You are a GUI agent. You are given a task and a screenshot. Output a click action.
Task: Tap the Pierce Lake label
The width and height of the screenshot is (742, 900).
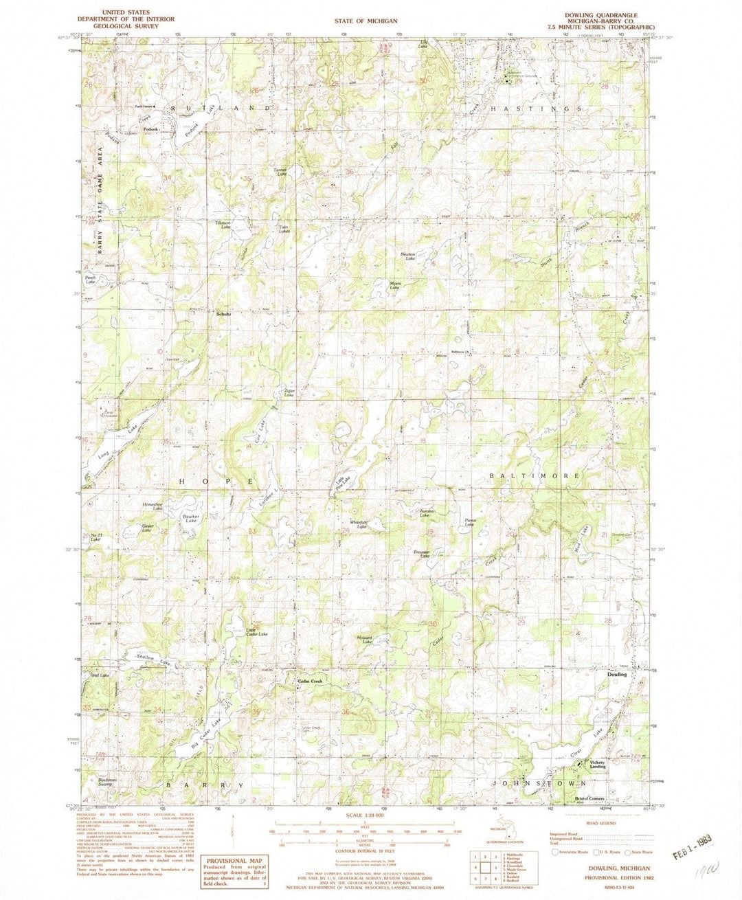(470, 522)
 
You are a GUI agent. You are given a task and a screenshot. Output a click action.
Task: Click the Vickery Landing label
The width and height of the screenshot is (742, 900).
(598, 764)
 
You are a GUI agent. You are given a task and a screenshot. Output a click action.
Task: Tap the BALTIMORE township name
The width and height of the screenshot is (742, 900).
(535, 475)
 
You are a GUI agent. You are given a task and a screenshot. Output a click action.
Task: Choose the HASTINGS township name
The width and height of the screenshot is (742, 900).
(537, 109)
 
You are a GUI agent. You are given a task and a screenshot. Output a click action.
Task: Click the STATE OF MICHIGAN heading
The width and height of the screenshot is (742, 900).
(366, 21)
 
